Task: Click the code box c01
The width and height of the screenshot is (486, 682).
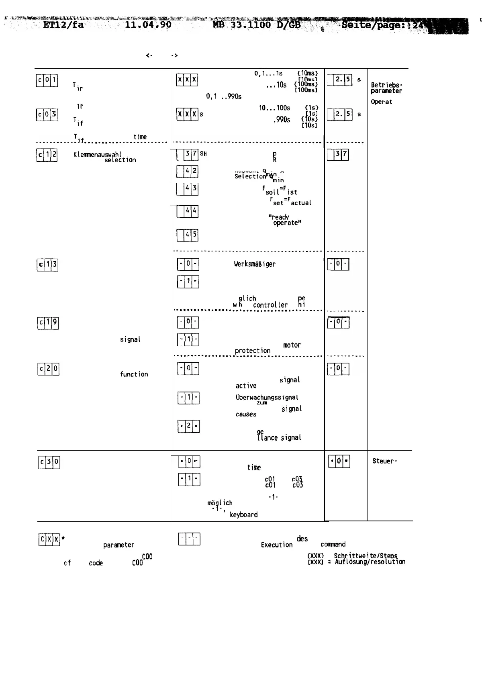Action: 47,81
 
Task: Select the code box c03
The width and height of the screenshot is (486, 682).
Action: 47,115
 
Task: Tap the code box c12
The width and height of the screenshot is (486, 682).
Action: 47,155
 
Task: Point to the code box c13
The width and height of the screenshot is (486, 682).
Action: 47,265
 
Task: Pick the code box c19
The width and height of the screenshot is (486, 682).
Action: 48,323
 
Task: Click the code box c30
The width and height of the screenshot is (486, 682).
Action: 49,463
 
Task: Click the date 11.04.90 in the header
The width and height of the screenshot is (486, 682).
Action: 148,25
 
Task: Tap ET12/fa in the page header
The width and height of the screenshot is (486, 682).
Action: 63,25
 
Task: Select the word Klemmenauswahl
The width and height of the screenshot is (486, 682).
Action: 97,154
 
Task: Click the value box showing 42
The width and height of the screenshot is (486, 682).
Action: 188,172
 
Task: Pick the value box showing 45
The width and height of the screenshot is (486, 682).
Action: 188,235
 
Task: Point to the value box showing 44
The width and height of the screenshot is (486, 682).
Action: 188,211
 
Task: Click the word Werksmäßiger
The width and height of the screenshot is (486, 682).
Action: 255,264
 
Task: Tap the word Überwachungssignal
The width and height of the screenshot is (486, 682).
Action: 267,397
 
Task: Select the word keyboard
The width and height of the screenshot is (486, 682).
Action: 243,515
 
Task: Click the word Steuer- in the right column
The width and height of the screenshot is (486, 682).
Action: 385,461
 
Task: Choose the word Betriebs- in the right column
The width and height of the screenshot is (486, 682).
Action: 386,85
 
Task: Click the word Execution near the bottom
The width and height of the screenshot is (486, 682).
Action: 277,545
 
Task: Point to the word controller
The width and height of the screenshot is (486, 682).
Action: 270,305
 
